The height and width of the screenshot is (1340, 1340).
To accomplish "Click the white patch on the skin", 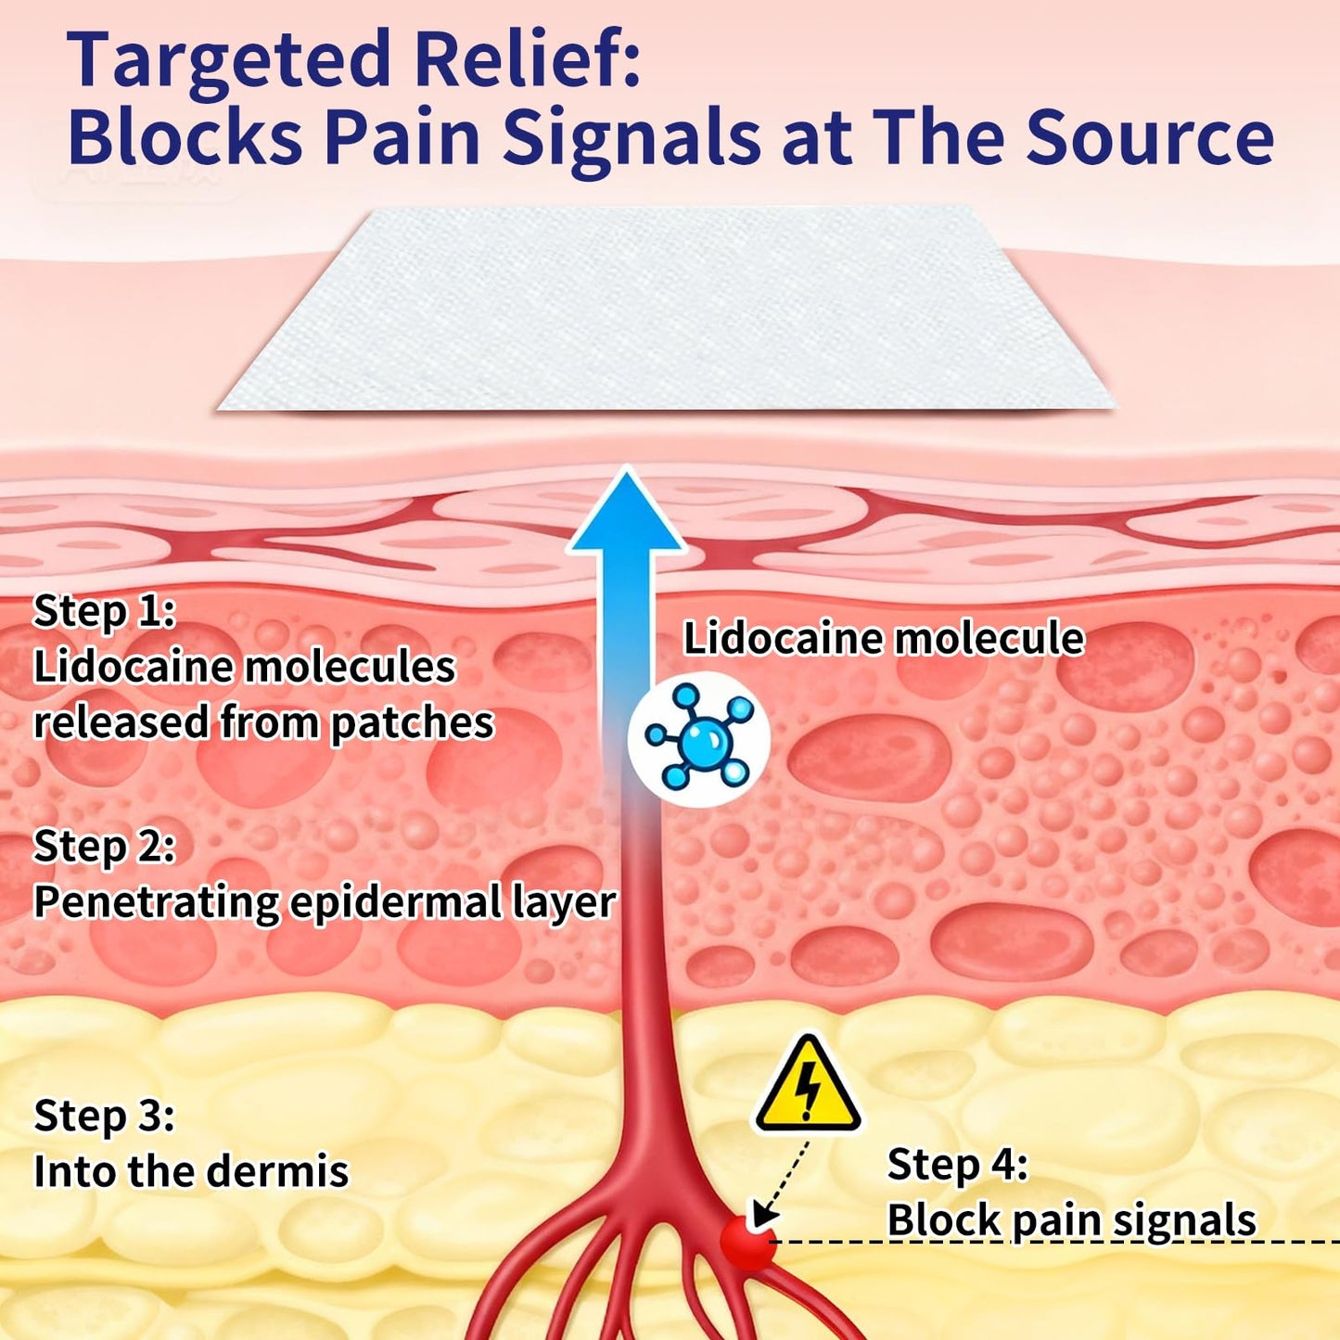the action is click(666, 309).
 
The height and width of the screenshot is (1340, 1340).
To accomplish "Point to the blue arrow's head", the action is click(627, 512).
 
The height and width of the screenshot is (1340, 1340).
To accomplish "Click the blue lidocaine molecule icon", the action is click(698, 738).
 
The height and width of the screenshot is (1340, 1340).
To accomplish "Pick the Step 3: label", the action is click(104, 1117).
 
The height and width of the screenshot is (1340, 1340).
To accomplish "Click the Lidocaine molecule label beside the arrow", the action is click(883, 638).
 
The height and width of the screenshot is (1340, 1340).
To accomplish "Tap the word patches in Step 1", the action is click(412, 724).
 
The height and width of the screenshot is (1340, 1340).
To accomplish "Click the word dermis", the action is click(277, 1170).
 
